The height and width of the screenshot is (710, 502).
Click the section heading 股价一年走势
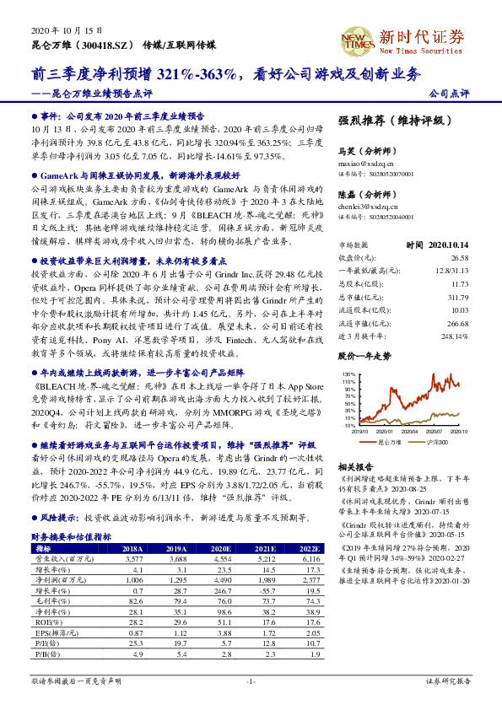[x=364, y=357]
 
